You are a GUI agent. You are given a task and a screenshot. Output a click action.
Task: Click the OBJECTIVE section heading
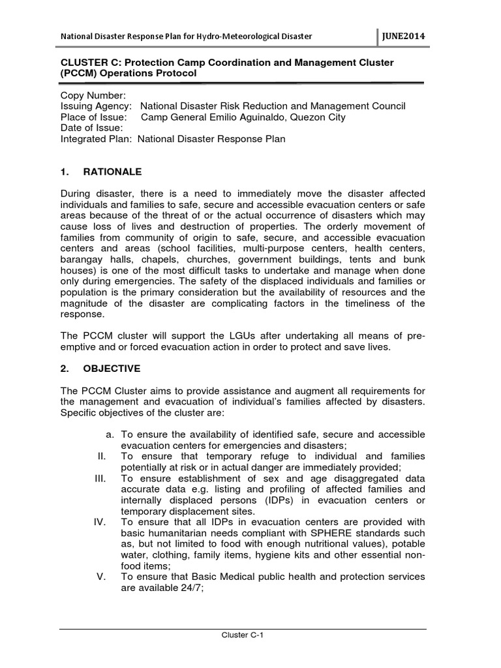coord(110,369)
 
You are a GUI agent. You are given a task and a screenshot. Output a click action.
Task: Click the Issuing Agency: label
coord(96,106)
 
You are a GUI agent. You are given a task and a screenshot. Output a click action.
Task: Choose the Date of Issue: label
coord(92,129)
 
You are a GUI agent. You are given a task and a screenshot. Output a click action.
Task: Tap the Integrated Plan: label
coord(97,140)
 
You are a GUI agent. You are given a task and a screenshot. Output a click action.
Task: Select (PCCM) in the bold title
coord(82,73)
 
